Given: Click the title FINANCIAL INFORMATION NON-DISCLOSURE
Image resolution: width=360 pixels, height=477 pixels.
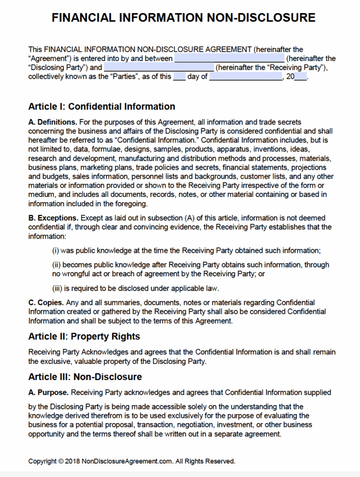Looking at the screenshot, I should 183,18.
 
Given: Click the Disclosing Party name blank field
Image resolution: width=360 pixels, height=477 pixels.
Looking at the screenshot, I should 229,59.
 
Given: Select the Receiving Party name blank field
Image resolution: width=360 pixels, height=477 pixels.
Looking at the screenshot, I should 162,68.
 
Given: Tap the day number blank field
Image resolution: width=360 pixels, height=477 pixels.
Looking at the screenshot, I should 179,77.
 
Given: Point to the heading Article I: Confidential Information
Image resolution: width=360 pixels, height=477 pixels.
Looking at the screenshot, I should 101,106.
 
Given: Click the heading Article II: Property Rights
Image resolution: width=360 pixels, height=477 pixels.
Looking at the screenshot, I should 84,336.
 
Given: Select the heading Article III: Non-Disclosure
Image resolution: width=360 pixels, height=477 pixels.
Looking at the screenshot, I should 85,377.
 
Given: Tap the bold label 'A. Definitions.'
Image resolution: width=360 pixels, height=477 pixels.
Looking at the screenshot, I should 52,122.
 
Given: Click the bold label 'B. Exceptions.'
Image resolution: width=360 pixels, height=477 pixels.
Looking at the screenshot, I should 53,218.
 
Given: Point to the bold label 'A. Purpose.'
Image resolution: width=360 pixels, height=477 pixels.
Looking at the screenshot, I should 49,392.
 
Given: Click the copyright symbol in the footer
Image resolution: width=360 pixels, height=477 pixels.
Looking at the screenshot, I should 61,461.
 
